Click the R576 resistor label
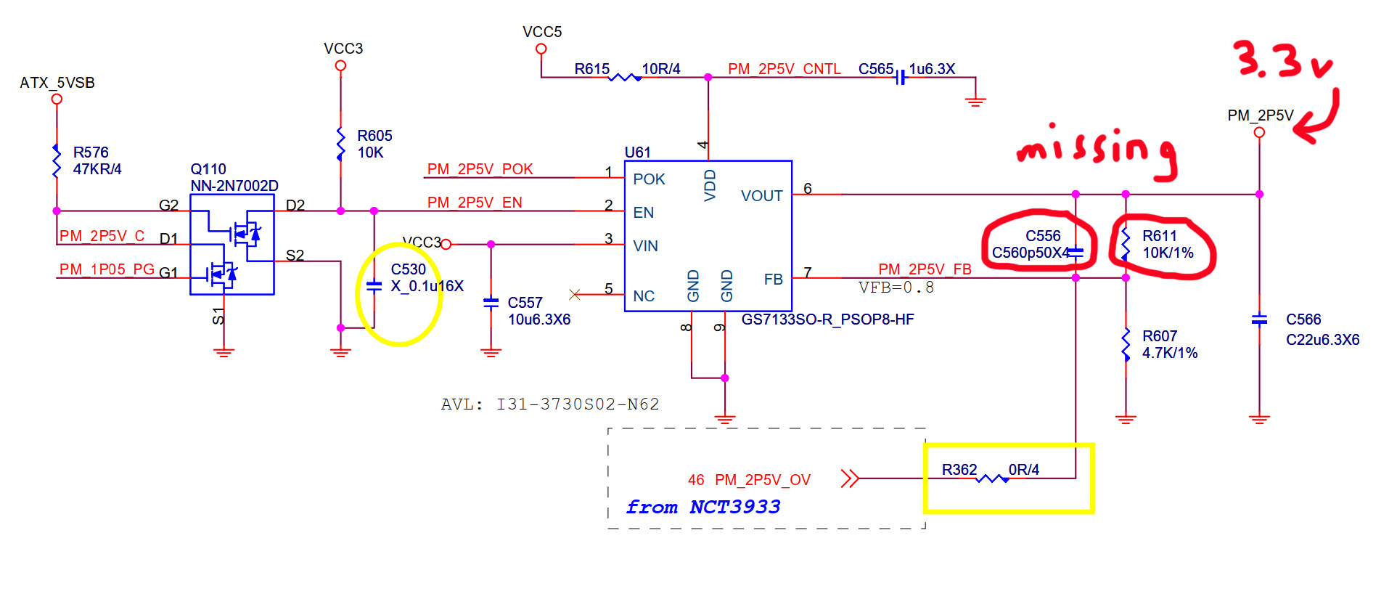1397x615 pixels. pyautogui.click(x=91, y=152)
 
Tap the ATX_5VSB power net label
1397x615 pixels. pyautogui.click(x=57, y=83)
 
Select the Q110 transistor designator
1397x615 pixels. pyautogui.click(x=208, y=169)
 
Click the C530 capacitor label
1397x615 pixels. pyautogui.click(x=409, y=269)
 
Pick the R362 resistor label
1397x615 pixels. pyautogui.click(x=959, y=470)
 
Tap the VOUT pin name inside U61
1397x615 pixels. pyautogui.click(x=761, y=196)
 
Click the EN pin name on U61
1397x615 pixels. pyautogui.click(x=644, y=213)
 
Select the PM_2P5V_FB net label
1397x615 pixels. pyautogui.click(x=925, y=269)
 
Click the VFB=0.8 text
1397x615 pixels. pyautogui.click(x=896, y=288)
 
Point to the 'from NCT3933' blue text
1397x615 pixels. pyautogui.click(x=703, y=507)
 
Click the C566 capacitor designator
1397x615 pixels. pyautogui.click(x=1303, y=319)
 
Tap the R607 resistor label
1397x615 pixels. pyautogui.click(x=1160, y=336)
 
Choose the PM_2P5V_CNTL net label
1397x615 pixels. pyautogui.click(x=784, y=69)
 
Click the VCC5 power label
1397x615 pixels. pyautogui.click(x=542, y=32)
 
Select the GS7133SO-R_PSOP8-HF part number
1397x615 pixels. pyautogui.click(x=827, y=319)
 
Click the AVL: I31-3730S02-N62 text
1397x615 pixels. pyautogui.click(x=550, y=404)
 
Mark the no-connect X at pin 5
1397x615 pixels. pyautogui.click(x=575, y=294)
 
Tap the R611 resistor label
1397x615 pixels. pyautogui.click(x=1160, y=236)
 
